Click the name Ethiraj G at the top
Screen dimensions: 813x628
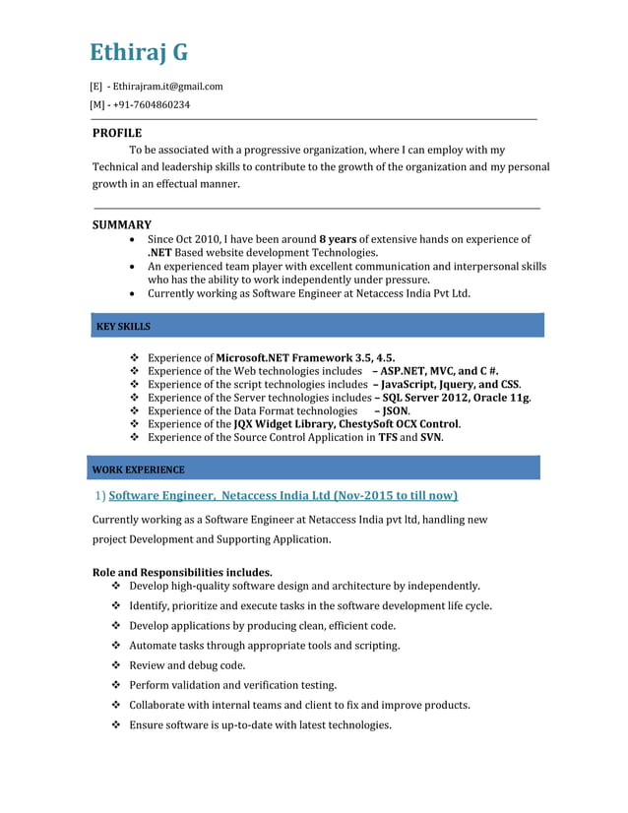click(x=139, y=52)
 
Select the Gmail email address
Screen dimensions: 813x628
click(x=167, y=87)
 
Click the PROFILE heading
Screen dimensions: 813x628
click(x=117, y=133)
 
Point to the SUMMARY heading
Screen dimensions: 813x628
click(x=122, y=224)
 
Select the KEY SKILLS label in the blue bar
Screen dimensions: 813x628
click(x=123, y=326)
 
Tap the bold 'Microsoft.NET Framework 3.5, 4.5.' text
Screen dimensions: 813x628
click(x=306, y=357)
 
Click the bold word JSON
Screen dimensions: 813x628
click(x=395, y=410)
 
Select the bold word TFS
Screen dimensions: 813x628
click(x=388, y=437)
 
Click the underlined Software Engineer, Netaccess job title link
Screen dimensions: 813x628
click(x=283, y=495)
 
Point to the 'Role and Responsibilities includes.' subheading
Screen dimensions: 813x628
click(x=182, y=572)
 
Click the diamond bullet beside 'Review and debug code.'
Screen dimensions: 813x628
click(x=117, y=665)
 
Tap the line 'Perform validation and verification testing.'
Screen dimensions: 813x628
click(x=233, y=685)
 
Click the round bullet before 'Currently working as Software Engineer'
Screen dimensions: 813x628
click(x=133, y=293)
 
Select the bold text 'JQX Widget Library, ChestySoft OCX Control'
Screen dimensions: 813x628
click(x=346, y=424)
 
